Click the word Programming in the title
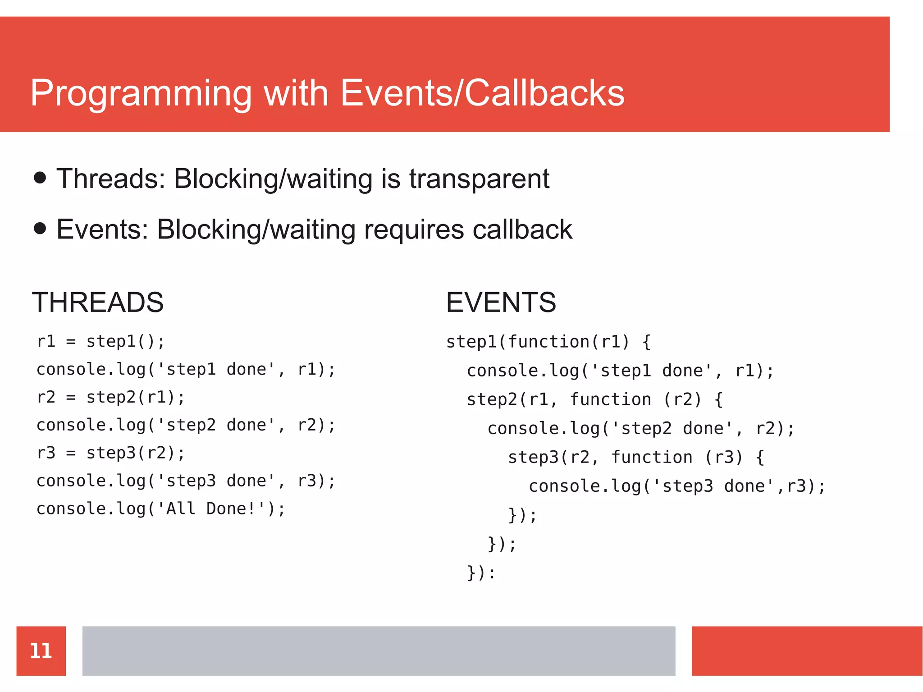click(x=141, y=94)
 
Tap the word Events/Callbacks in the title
click(x=482, y=93)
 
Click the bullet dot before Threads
click(x=40, y=178)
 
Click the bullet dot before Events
click(x=40, y=228)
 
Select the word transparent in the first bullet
click(x=479, y=179)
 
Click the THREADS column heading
click(x=98, y=302)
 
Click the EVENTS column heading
click(x=501, y=302)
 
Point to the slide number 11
click(x=41, y=651)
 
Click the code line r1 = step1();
click(x=101, y=341)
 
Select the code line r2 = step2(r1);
click(x=110, y=397)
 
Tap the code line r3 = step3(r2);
click(x=110, y=453)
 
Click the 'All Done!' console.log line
click(x=161, y=509)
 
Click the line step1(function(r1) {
click(x=548, y=342)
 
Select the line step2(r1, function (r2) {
click(x=594, y=399)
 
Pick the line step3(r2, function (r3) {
click(x=636, y=457)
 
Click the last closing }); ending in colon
click(x=481, y=573)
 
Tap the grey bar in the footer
click(x=379, y=651)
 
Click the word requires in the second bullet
click(x=413, y=229)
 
